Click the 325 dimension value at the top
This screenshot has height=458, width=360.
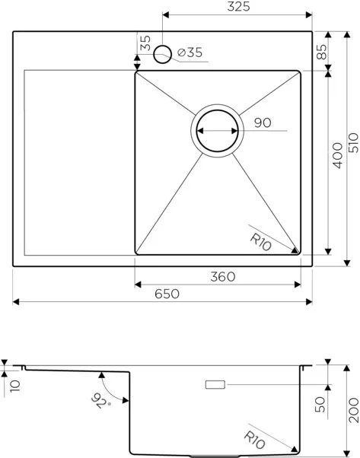(237, 7)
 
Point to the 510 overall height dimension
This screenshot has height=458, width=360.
(351, 150)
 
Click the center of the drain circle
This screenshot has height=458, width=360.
(218, 131)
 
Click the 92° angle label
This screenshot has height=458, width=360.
(98, 399)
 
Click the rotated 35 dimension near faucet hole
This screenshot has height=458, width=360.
(145, 43)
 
